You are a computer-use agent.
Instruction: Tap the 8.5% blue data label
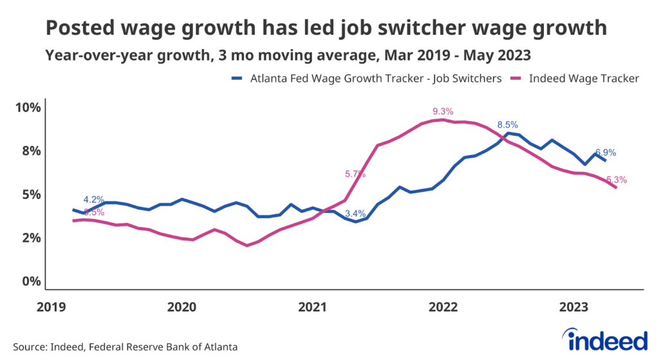(508, 124)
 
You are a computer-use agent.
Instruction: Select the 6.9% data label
(606, 153)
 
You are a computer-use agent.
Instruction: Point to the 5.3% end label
(617, 180)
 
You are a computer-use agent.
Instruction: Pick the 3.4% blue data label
(355, 213)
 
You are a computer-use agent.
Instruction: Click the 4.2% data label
(93, 199)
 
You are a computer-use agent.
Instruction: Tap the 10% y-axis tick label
(28, 107)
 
